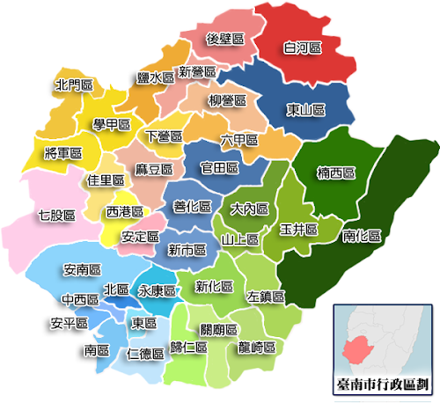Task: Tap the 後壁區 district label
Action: pyautogui.click(x=224, y=39)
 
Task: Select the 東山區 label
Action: pyautogui.click(x=305, y=110)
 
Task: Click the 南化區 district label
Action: pyautogui.click(x=362, y=236)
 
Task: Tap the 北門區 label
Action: pyautogui.click(x=73, y=86)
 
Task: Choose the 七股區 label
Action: pyautogui.click(x=56, y=214)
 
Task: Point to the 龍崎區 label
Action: pyautogui.click(x=258, y=347)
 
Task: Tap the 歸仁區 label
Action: pyautogui.click(x=189, y=347)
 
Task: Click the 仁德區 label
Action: pyautogui.click(x=145, y=354)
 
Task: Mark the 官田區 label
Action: pyautogui.click(x=219, y=167)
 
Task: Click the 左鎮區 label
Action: pyautogui.click(x=265, y=297)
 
